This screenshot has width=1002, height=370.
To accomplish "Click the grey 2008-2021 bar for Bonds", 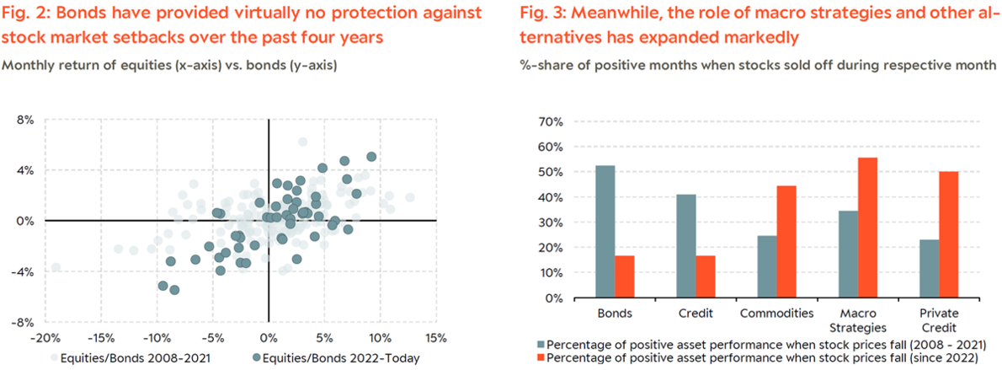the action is pos(605,232).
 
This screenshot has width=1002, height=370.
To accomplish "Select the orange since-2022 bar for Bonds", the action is pos(625,277).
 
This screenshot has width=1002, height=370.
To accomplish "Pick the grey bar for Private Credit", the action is pos(929,269).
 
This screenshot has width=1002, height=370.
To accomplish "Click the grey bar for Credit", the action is pos(686,246).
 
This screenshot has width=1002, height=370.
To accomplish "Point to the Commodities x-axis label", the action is pos(777,314).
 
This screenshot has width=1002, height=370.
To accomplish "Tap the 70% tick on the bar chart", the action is pos(551,121).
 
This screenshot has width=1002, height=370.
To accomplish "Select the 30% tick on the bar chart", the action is pos(551,223).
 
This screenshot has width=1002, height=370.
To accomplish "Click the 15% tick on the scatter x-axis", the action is pos(436,337).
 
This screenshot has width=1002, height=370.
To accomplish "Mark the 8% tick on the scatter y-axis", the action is pos(27,120).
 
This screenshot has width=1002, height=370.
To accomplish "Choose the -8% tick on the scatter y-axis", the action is pos(24,322).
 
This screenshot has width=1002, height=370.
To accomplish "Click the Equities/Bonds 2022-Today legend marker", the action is pos(257,358).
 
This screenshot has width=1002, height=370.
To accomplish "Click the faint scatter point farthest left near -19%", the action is pos(56,267).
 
